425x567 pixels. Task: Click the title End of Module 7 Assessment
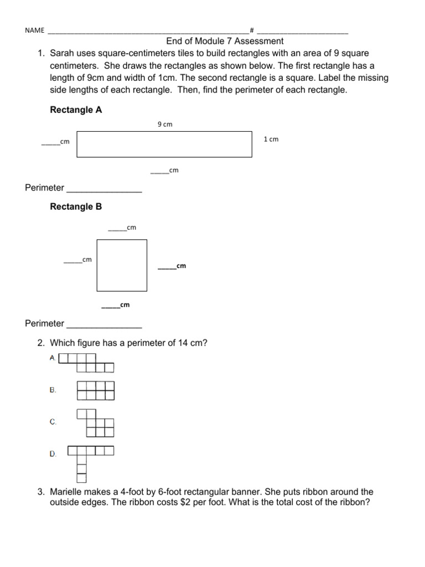[x=225, y=41]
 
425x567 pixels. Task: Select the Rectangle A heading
[x=76, y=110]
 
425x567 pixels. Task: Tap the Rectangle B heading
[x=76, y=207]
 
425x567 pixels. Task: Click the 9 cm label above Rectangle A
[x=165, y=125]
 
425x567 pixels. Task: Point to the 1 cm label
[x=271, y=140]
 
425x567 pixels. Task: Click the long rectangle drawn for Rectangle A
[x=164, y=144]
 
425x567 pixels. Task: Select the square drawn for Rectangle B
[x=122, y=265]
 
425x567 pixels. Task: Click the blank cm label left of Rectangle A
[x=56, y=142]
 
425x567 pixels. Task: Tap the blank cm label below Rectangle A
[x=165, y=171]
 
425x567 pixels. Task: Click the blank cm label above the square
[x=122, y=228]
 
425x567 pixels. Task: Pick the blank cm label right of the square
[x=172, y=266]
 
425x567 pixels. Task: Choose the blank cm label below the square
[x=116, y=305]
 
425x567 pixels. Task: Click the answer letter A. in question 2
[x=53, y=358]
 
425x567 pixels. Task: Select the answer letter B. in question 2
[x=53, y=390]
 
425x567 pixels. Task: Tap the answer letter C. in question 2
[x=53, y=422]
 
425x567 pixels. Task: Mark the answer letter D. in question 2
[x=53, y=454]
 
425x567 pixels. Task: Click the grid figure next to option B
[x=96, y=390]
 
